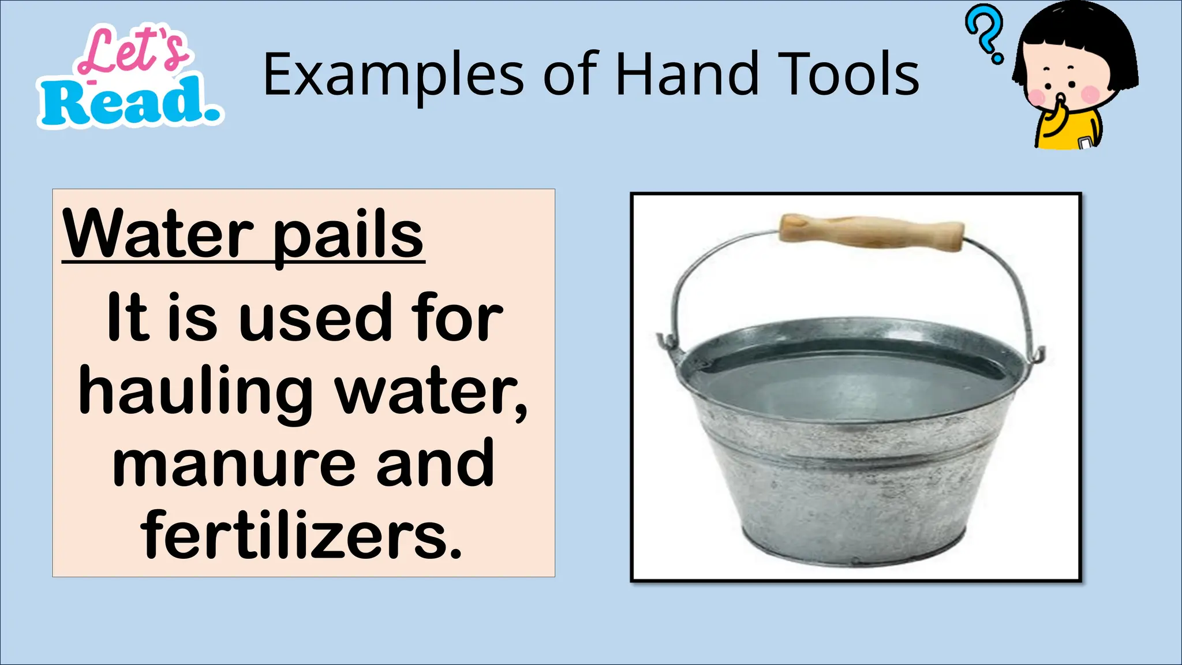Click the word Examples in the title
(392, 75)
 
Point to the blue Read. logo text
(130, 102)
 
